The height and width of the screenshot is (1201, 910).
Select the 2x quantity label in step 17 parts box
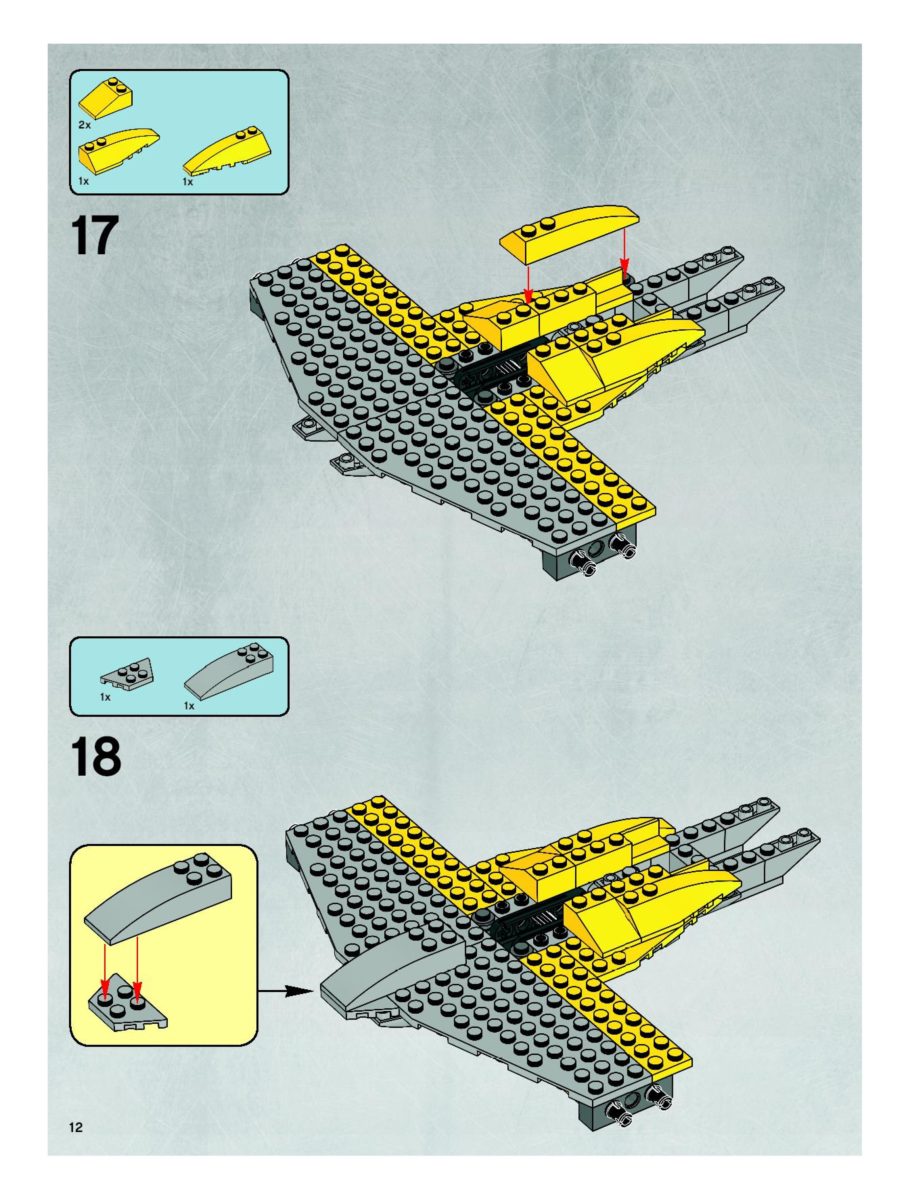pos(84,125)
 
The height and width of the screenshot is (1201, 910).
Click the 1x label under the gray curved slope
pos(189,706)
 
